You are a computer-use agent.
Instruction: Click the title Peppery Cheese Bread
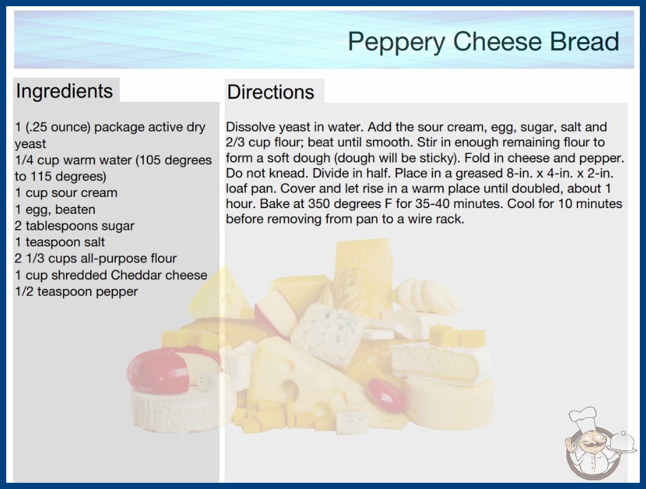pyautogui.click(x=483, y=42)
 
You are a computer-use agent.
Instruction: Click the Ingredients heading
pyautogui.click(x=64, y=91)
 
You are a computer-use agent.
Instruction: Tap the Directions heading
pyautogui.click(x=271, y=92)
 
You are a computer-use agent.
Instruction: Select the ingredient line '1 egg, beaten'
pyautogui.click(x=55, y=209)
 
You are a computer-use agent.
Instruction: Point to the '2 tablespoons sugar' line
pyautogui.click(x=75, y=226)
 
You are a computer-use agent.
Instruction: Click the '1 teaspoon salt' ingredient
pyautogui.click(x=60, y=242)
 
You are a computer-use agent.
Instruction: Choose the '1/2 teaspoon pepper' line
pyautogui.click(x=76, y=291)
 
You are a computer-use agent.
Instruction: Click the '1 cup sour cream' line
pyautogui.click(x=66, y=193)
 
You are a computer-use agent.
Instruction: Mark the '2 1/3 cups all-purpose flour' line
pyautogui.click(x=96, y=258)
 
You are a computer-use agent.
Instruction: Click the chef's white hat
pyautogui.click(x=584, y=417)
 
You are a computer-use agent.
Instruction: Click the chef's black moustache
pyautogui.click(x=590, y=445)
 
